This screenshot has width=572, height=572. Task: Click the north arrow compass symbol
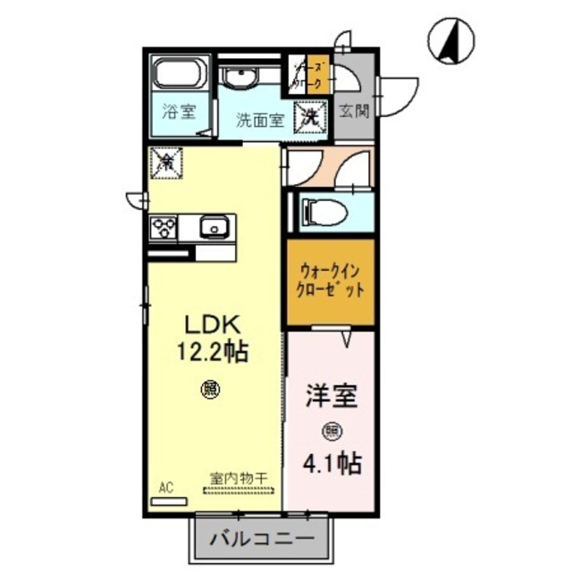click(x=451, y=40)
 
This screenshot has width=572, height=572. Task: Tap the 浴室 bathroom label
click(x=179, y=112)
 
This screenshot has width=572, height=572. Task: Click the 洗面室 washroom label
click(x=259, y=121)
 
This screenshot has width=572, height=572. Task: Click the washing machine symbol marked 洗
click(x=309, y=115)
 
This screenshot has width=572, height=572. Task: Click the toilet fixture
click(x=322, y=212)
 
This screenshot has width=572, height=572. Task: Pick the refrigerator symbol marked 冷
click(x=166, y=162)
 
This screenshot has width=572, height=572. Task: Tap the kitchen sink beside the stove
click(x=214, y=227)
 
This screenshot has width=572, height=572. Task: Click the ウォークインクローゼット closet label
click(x=330, y=282)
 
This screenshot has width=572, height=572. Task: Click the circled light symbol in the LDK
click(x=209, y=389)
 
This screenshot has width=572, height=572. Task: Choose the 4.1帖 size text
click(x=332, y=463)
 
